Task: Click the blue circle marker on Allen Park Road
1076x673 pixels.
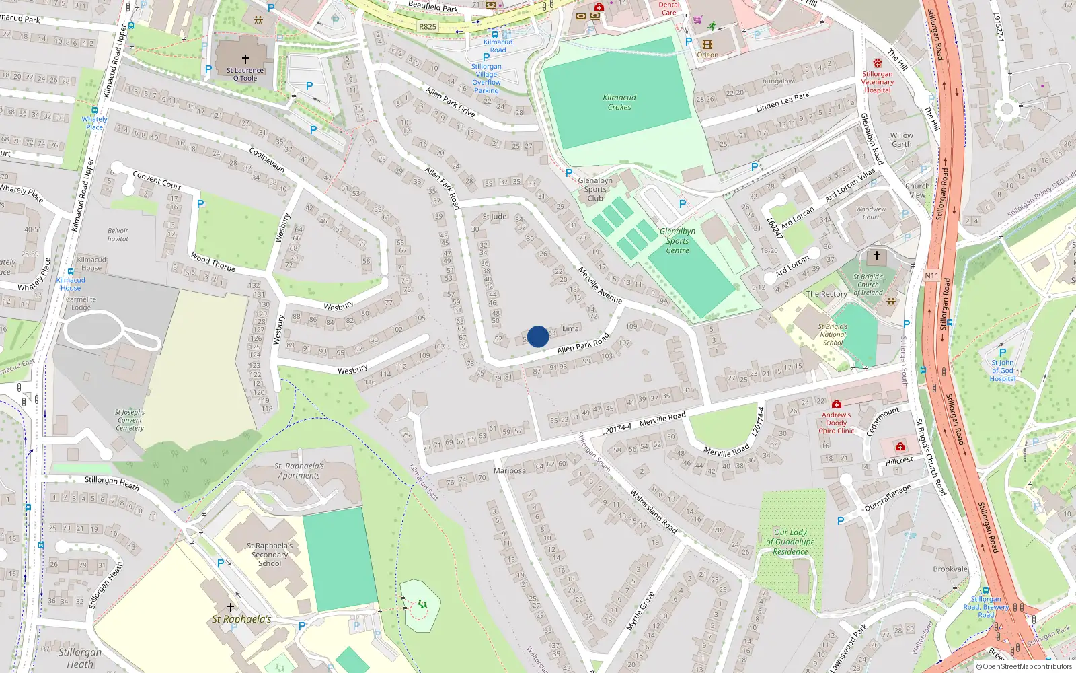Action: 538,336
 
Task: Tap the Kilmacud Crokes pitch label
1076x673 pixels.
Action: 619,102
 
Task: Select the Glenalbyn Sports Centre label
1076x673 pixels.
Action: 677,241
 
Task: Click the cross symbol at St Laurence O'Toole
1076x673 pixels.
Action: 245,59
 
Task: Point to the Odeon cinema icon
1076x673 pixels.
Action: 707,45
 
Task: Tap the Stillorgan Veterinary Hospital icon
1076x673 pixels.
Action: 878,63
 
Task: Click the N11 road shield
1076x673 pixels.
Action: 931,275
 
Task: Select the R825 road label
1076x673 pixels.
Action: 428,27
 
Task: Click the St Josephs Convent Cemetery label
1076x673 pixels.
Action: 130,420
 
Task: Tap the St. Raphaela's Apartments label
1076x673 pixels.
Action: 299,470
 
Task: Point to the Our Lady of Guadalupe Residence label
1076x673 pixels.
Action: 790,542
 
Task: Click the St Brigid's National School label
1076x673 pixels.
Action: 833,334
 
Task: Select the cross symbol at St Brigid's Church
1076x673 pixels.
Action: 876,256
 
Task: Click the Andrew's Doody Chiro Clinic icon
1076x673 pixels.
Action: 836,404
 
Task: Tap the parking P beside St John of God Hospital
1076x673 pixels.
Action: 1003,352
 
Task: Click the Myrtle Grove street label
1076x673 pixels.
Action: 640,610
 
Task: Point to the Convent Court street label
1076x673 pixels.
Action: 157,180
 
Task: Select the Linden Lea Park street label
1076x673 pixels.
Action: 783,102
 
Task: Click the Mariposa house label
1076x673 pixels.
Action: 510,470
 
